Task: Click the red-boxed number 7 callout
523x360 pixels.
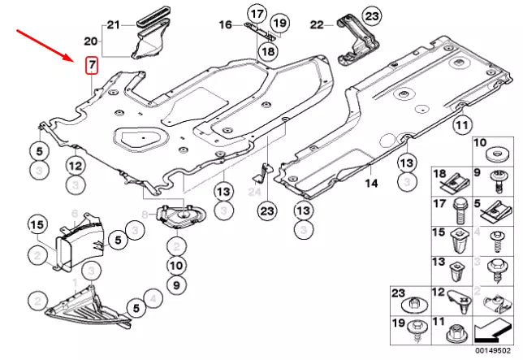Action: tap(92, 63)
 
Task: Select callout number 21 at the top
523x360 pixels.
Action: tap(113, 24)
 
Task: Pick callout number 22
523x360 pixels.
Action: tap(318, 25)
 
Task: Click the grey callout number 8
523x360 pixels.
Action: tap(145, 215)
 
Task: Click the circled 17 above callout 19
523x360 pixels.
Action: tap(257, 14)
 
